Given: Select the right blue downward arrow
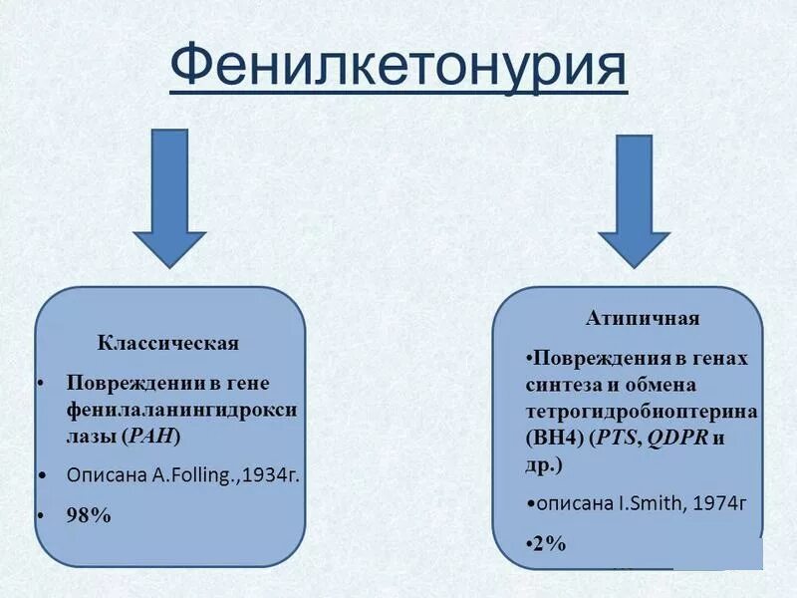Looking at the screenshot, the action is [x=634, y=199].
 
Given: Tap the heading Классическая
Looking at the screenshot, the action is [x=168, y=344].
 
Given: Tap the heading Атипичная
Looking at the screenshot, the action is [x=642, y=319].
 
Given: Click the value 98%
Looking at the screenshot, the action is [x=89, y=515].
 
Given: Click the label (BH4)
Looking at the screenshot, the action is [x=554, y=438].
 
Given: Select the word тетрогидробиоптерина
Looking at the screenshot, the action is [x=641, y=412].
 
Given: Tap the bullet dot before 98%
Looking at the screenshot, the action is [x=41, y=515].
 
